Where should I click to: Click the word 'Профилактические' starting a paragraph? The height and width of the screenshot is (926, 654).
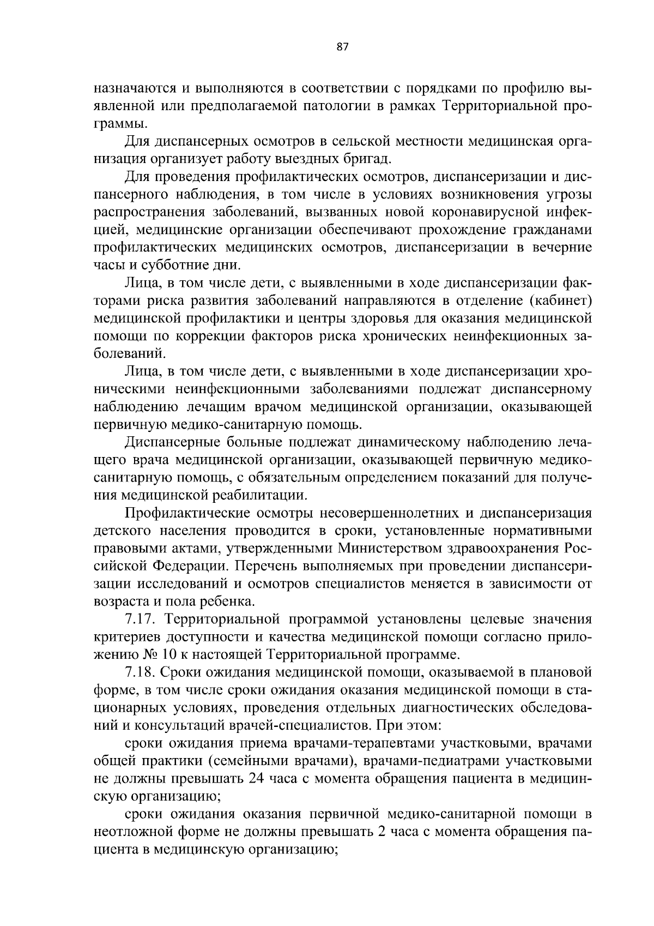coord(186,513)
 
